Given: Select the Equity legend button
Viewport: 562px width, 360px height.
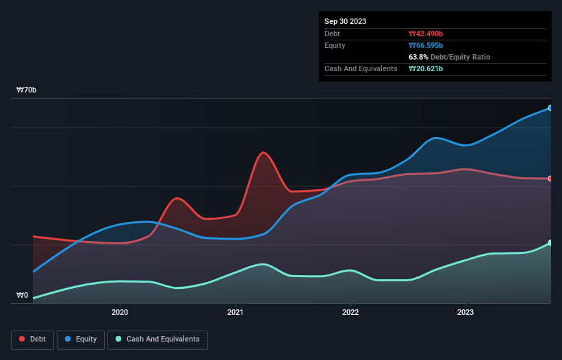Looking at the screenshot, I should coord(81,339).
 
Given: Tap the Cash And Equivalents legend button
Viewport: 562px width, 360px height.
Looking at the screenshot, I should coord(157,339).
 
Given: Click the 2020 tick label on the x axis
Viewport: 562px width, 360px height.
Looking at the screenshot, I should coord(120,313).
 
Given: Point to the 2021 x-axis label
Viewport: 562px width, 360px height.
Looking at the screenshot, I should coord(235,313).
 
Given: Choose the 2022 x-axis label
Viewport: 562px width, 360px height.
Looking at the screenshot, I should coord(350,313).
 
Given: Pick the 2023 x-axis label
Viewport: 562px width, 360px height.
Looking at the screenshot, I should coord(465,313).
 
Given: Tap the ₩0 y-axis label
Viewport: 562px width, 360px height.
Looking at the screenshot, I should coord(23,296).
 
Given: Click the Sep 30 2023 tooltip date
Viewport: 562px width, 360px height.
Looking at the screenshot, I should coord(345,21).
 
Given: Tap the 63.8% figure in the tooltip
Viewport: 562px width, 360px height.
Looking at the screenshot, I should coord(418,57).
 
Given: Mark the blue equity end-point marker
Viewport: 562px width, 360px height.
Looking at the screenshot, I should coord(550,108).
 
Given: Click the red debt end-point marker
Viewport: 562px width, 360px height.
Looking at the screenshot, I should coord(550,179).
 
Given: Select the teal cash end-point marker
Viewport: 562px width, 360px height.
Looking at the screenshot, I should coord(550,243).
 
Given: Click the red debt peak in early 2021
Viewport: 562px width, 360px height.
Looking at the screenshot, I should coord(264,153).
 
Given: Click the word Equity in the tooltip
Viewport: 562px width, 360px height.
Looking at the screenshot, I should coord(335,45).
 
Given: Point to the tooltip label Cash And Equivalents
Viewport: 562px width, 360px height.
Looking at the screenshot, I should coord(361,68).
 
